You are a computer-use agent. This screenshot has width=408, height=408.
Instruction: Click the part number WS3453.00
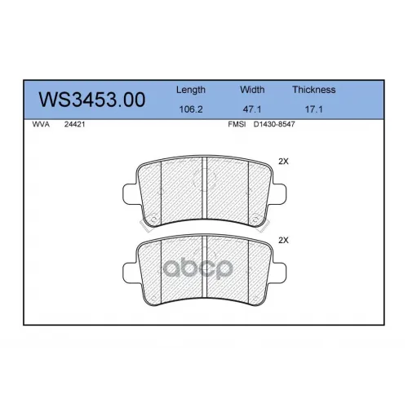92,100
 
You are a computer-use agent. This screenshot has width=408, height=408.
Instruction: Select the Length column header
191,90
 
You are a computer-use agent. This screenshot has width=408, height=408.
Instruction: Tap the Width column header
252,90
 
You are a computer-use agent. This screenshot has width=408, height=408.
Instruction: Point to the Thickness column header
314,90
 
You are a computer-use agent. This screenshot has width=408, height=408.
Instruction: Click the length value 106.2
191,109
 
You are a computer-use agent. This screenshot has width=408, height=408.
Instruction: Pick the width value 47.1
252,109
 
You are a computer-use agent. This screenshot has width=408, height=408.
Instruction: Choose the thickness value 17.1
314,109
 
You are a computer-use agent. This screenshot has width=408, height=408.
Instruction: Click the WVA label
41,124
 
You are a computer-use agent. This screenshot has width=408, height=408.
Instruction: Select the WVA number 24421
74,124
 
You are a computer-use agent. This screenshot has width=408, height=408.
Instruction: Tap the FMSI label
237,124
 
